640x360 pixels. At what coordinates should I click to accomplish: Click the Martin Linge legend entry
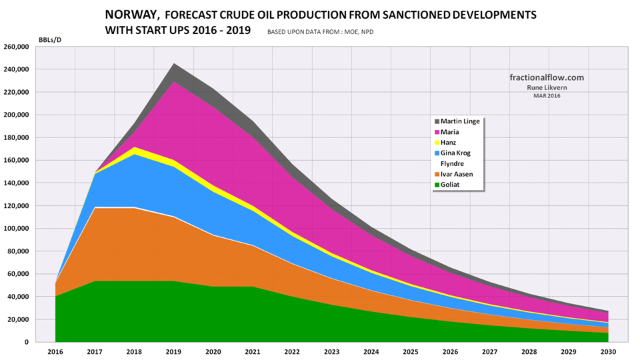click(x=461, y=121)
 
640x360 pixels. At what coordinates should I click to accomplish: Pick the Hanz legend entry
click(x=449, y=142)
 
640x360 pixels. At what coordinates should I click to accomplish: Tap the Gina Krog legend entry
click(x=455, y=153)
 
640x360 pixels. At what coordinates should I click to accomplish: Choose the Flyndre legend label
click(x=452, y=163)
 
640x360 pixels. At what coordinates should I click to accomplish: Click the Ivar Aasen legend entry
click(x=456, y=173)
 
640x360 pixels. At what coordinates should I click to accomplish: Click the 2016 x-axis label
click(x=55, y=352)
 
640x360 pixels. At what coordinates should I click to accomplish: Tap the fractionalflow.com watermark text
click(x=542, y=77)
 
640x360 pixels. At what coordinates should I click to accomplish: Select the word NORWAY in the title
click(x=133, y=14)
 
